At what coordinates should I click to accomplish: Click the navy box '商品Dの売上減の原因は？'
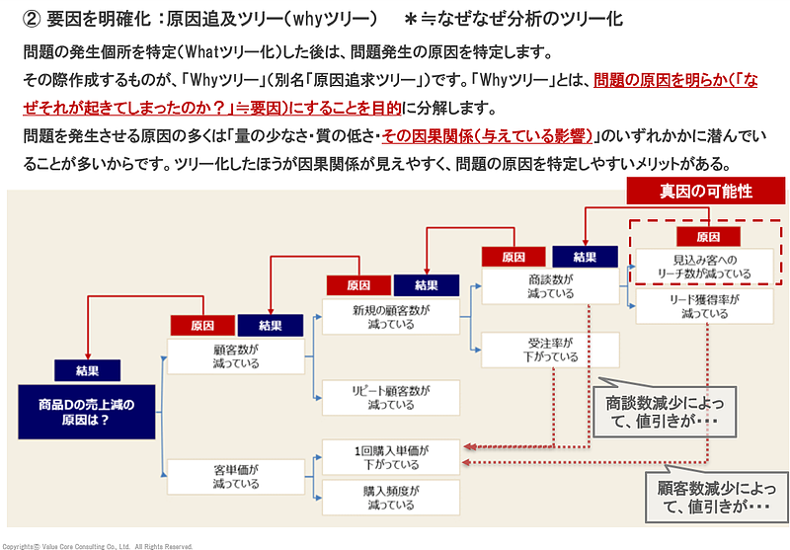(89, 411)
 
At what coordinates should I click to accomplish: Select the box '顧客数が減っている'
(235, 355)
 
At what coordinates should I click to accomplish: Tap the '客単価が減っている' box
(235, 477)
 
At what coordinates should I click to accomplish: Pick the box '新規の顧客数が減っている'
(391, 316)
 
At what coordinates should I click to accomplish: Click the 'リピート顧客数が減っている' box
(391, 397)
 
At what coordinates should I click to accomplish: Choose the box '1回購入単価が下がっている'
(391, 457)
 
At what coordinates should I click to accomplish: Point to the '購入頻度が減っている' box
(391, 497)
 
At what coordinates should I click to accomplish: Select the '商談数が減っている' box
(551, 286)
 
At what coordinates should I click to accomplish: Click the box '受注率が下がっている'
(551, 350)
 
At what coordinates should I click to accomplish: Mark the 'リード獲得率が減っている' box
(706, 306)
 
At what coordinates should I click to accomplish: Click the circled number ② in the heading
(30, 18)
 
